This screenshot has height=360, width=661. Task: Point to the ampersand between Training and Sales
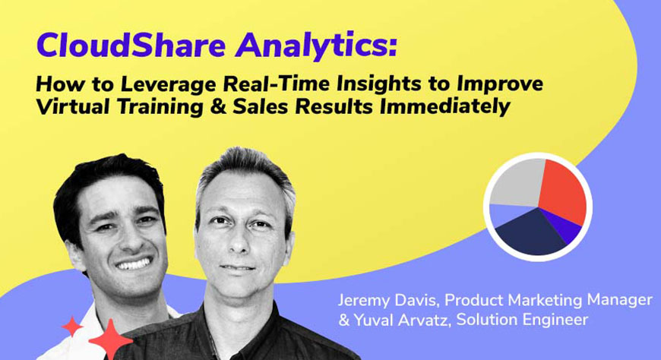point(217,106)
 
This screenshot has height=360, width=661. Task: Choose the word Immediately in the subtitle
point(445,106)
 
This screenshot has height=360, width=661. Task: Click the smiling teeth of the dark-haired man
point(133,264)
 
